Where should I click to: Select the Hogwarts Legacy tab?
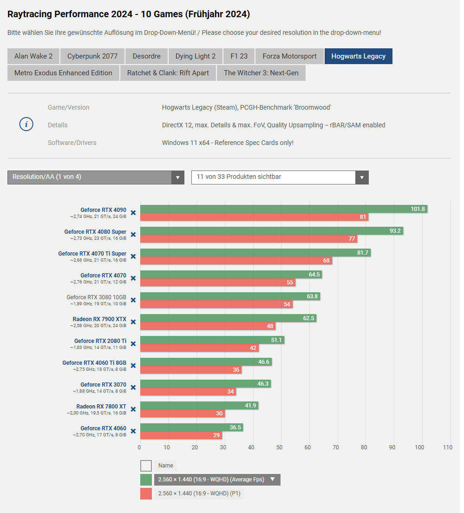[358, 56]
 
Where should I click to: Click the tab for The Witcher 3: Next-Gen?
[261, 73]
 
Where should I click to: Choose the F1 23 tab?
[239, 56]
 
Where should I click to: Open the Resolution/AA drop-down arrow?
[177, 177]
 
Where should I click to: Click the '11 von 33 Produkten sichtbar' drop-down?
[280, 177]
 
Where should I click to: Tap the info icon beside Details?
[26, 125]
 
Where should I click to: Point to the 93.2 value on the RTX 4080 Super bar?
[395, 231]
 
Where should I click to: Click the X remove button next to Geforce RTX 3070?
[133, 388]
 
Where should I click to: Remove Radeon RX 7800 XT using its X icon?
[133, 409]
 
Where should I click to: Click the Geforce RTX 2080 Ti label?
[100, 341]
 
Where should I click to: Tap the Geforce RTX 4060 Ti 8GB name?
[94, 363]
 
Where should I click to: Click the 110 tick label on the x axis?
[448, 447]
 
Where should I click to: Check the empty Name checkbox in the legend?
[146, 466]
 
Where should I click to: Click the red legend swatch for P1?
[146, 493]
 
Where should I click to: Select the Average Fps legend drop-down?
[217, 480]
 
